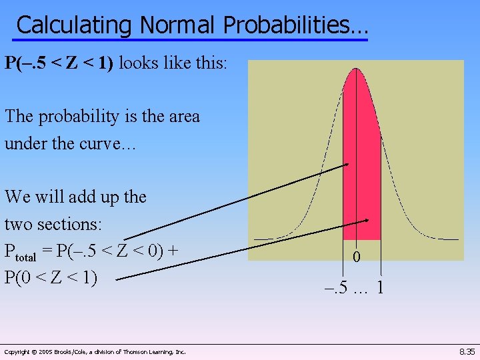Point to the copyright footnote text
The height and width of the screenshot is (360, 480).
pos(95,351)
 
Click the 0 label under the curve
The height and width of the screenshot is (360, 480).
pos(357,257)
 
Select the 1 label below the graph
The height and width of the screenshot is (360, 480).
pos(379,288)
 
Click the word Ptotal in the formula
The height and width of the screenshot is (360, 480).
pos(26,252)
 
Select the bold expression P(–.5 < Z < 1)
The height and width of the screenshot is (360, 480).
pos(59,63)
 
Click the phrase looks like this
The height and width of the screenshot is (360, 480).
pos(173,63)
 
